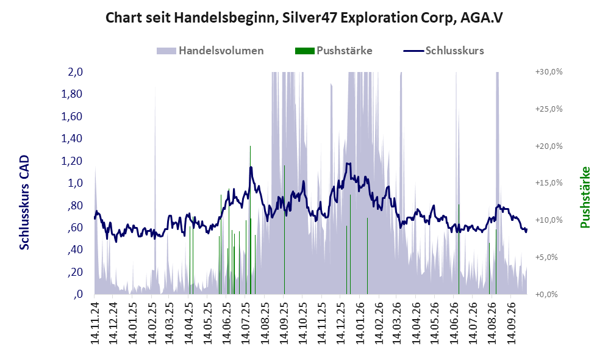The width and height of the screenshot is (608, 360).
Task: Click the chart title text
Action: click(x=304, y=18)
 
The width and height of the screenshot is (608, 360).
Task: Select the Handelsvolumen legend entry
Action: click(x=210, y=51)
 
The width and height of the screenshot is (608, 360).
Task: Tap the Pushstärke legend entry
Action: click(x=334, y=51)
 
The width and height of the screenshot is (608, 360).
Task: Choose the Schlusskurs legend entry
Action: click(x=443, y=51)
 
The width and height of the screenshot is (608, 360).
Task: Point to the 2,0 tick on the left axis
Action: click(x=75, y=72)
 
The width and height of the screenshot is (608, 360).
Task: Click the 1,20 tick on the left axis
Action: click(x=72, y=160)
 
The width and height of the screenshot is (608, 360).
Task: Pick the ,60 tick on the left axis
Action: click(x=75, y=228)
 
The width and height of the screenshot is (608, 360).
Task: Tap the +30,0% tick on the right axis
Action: click(x=549, y=72)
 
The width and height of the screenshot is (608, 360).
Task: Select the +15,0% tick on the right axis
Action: click(x=549, y=182)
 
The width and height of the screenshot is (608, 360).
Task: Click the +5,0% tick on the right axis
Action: click(x=546, y=257)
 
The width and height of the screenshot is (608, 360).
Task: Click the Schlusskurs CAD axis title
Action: click(x=24, y=202)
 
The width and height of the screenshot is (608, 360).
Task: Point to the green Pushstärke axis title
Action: click(x=585, y=198)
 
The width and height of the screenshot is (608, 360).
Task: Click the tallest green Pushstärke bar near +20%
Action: click(x=251, y=220)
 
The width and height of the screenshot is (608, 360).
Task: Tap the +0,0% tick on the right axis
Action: click(x=546, y=294)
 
